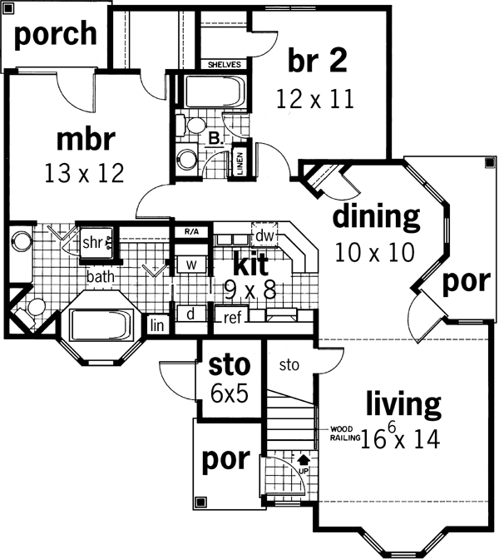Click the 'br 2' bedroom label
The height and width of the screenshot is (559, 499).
click(x=318, y=60)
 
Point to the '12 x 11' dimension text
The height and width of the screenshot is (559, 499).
click(x=316, y=99)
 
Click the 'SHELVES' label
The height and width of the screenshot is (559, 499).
click(x=224, y=64)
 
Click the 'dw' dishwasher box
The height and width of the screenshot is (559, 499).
click(x=264, y=236)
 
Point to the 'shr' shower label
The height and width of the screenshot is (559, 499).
click(x=91, y=242)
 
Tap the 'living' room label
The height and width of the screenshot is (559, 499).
click(x=403, y=405)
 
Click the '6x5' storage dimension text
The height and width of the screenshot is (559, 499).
click(x=230, y=394)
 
